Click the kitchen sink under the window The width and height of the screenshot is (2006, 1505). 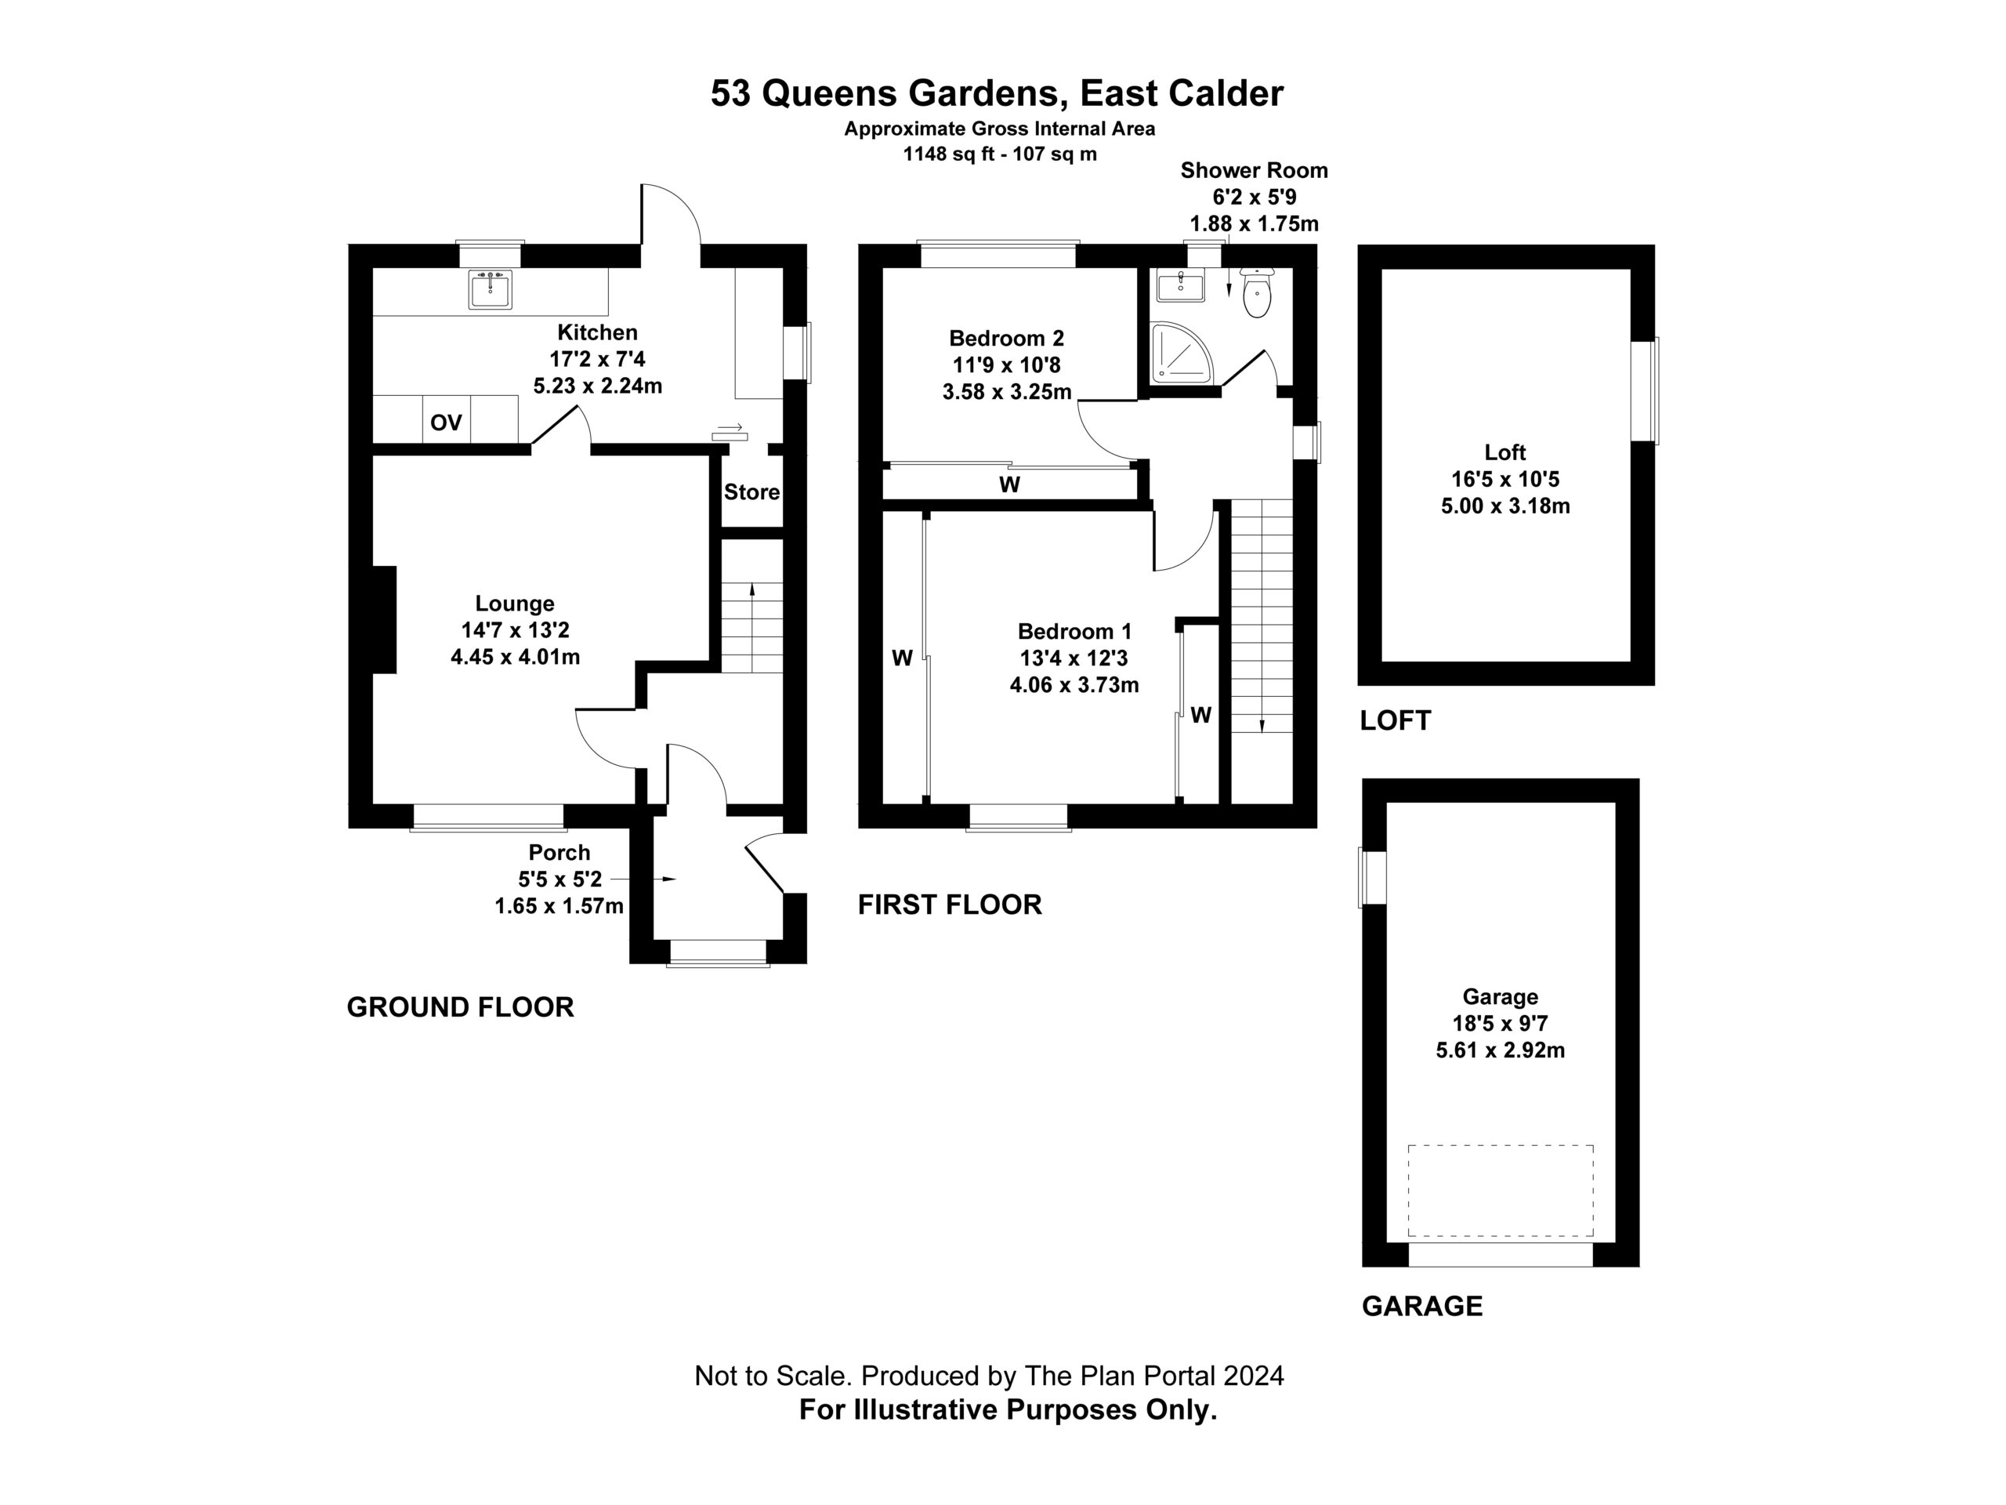click(491, 289)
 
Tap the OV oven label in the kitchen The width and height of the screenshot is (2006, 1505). click(446, 422)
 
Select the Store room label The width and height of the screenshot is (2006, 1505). click(751, 492)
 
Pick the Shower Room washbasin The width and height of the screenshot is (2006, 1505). click(1181, 286)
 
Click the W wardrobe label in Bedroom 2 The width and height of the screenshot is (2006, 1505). click(1009, 485)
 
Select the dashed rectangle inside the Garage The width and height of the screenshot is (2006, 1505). click(1501, 1190)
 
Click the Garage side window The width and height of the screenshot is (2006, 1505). click(1372, 876)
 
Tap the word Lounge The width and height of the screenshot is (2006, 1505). click(515, 604)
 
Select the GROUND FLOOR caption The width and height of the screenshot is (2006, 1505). click(461, 1007)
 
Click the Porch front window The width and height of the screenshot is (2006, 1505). click(719, 952)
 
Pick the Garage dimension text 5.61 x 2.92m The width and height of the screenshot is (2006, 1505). click(1501, 1050)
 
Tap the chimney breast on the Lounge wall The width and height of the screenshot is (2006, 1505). click(385, 619)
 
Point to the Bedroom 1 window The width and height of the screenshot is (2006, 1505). click(1019, 817)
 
